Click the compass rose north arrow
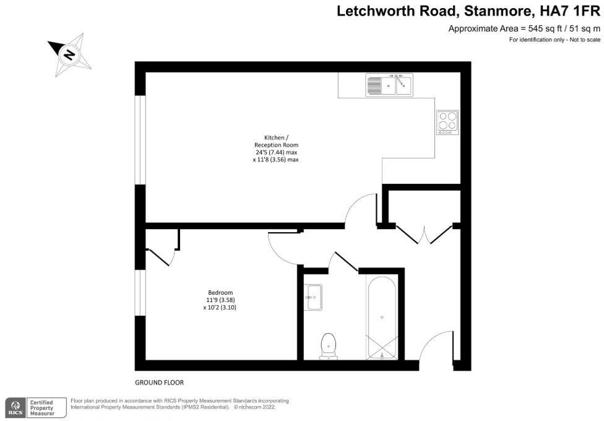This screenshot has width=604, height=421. [70, 54]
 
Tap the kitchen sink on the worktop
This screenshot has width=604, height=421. [389, 85]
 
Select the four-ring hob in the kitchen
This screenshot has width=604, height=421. [447, 121]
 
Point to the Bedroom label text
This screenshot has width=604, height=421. [220, 292]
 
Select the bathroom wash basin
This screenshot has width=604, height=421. [313, 297]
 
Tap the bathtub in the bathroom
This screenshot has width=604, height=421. [381, 318]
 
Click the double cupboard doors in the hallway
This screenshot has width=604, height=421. [425, 235]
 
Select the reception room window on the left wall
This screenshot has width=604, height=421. [140, 140]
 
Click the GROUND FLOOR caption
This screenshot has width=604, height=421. [159, 383]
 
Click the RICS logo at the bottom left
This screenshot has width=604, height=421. [14, 407]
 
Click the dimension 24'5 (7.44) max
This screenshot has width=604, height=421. [273, 152]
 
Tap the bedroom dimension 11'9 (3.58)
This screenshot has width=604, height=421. [220, 300]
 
